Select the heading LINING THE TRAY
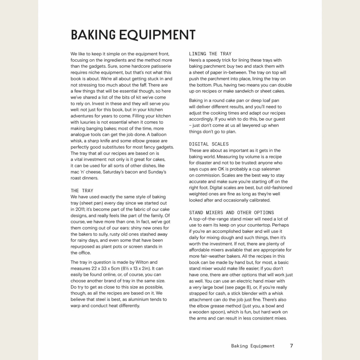[x=210, y=54]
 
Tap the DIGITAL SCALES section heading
[x=209, y=144]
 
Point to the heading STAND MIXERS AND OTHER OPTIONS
[x=231, y=213]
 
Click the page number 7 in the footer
[x=291, y=346]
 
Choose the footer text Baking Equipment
[x=253, y=346]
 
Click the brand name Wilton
[x=142, y=262]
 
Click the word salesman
[x=270, y=169]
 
